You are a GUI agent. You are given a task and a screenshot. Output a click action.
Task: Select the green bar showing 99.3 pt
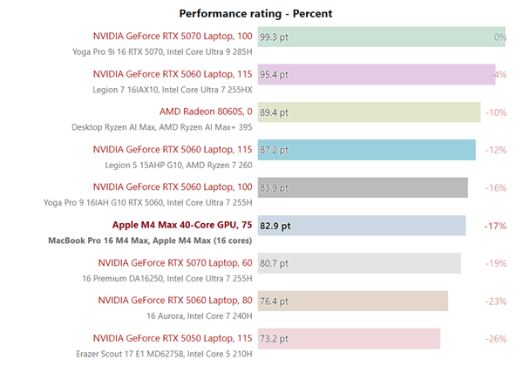coord(384,37)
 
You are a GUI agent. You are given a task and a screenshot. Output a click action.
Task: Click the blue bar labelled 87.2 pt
coord(366,150)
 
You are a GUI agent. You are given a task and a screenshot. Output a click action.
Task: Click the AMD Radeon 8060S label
coord(206,112)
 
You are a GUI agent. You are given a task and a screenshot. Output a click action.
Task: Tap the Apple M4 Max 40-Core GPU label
coord(182,225)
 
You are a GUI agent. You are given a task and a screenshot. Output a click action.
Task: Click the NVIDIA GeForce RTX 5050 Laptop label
coord(175,337)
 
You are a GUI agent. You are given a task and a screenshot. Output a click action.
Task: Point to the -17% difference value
coord(495,226)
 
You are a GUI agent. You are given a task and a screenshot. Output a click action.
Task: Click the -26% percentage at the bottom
coord(495,338)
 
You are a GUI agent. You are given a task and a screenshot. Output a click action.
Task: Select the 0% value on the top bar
coord(499,37)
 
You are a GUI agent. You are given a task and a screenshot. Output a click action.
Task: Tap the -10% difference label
coord(495,112)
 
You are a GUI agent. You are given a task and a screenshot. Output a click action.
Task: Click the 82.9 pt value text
coord(275,226)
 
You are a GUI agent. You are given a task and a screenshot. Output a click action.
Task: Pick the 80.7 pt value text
coord(275,263)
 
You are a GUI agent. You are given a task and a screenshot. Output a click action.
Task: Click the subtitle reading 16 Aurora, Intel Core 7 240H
coord(200,315)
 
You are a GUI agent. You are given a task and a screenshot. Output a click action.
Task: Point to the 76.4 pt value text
coord(275,301)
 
